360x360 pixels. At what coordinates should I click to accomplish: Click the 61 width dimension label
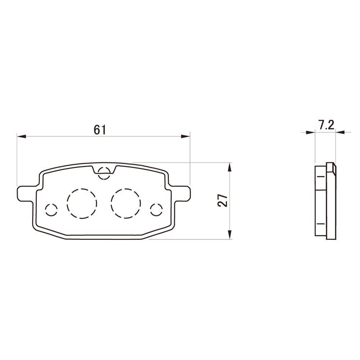(100, 130)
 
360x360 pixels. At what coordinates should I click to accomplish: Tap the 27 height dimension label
(223, 201)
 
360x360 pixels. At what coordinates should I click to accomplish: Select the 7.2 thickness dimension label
(326, 125)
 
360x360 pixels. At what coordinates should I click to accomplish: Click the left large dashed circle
(82, 203)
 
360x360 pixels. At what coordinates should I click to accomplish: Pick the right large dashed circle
(126, 203)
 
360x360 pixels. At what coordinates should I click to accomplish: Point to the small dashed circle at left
(51, 210)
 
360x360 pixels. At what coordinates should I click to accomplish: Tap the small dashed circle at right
(157, 210)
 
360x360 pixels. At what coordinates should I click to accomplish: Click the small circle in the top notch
(104, 173)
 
